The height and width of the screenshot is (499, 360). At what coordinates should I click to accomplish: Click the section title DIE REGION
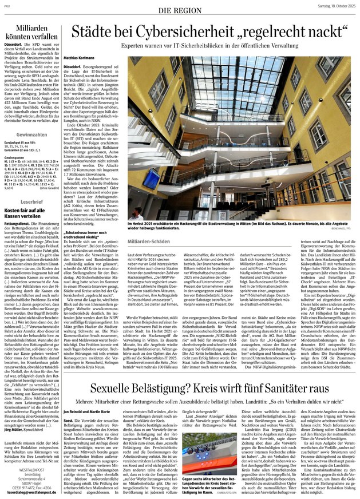[x=180, y=11]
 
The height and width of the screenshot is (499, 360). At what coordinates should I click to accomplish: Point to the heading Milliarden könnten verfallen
[x=35, y=32]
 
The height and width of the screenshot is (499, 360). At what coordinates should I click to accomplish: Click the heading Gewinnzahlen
[x=31, y=117]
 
